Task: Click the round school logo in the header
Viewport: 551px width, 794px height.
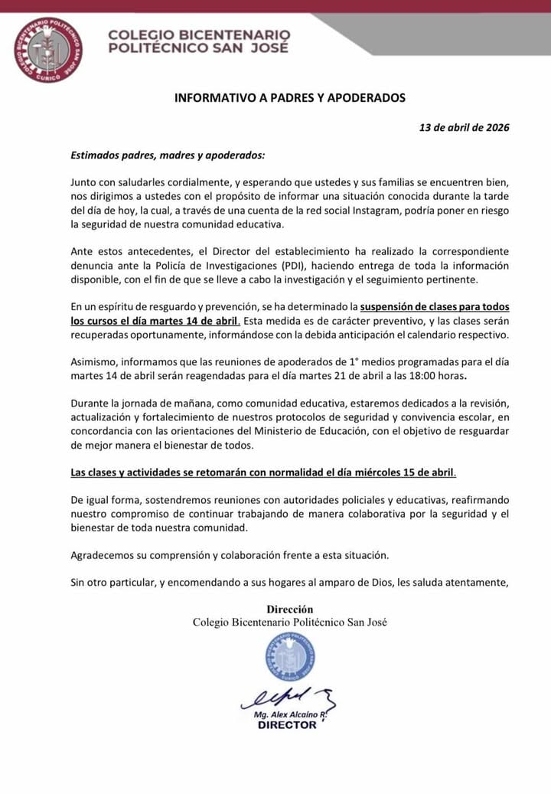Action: click(47, 51)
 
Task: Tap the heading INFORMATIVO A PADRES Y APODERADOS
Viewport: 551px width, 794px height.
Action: click(290, 98)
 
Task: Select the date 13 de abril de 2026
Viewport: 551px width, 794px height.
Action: click(464, 127)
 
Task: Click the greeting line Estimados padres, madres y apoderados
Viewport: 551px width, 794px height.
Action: click(168, 155)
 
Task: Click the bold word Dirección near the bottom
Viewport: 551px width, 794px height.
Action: click(289, 609)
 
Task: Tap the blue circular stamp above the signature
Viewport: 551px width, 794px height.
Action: click(290, 658)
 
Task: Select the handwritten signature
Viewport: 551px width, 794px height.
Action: click(287, 698)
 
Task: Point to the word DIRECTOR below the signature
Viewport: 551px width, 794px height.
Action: click(287, 724)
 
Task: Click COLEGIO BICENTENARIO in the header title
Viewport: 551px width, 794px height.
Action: click(199, 34)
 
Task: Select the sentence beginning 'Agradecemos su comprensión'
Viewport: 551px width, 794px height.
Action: click(230, 554)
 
